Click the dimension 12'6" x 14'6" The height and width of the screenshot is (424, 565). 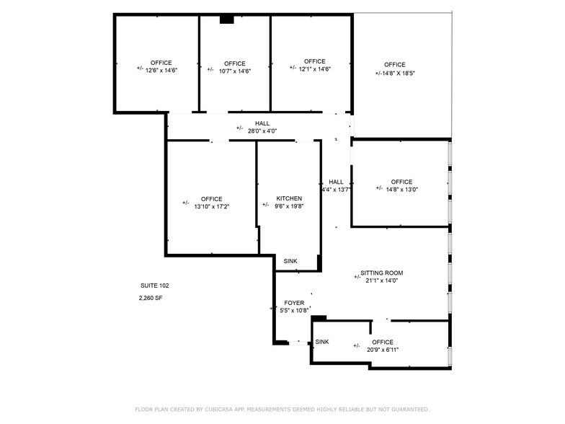click(161, 71)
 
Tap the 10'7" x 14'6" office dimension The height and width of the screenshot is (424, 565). click(234, 71)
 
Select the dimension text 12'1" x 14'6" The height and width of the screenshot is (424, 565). click(314, 69)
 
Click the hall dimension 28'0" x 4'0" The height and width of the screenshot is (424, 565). click(262, 131)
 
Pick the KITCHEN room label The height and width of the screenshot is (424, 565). click(289, 198)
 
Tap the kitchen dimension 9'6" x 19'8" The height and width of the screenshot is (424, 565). click(289, 206)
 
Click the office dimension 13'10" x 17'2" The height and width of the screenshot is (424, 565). click(211, 206)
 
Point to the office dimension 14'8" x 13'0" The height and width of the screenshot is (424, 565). click(401, 190)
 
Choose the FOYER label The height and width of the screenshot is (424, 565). click(294, 303)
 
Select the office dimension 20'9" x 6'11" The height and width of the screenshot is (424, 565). click(382, 350)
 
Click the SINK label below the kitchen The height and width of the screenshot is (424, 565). click(290, 261)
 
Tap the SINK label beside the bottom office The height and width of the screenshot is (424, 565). click(322, 342)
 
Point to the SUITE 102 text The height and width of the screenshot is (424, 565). click(154, 286)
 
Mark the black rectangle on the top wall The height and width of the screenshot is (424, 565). click(227, 19)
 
